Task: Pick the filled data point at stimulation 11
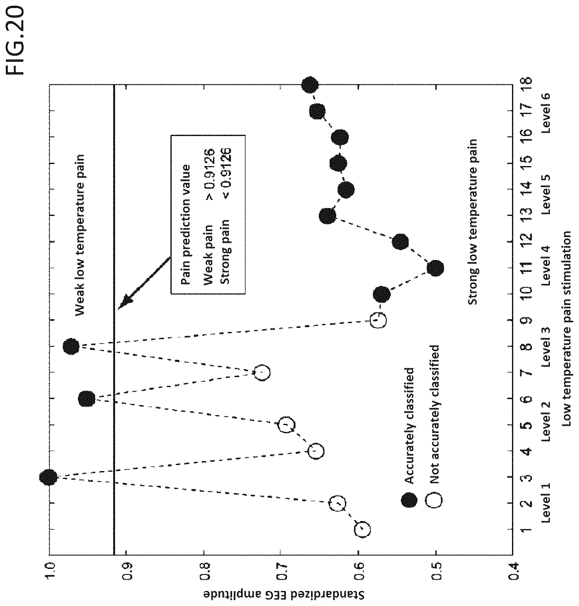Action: point(435,268)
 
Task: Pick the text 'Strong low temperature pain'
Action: point(472,222)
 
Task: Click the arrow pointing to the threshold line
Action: point(144,282)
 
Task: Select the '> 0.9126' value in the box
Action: point(210,175)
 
